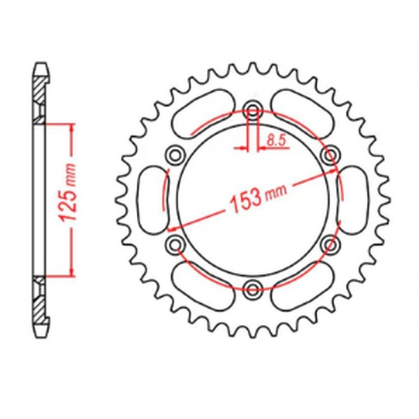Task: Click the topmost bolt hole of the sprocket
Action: (x=253, y=110)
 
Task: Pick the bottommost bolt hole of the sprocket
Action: (x=253, y=286)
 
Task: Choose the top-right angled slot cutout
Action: (x=304, y=113)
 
